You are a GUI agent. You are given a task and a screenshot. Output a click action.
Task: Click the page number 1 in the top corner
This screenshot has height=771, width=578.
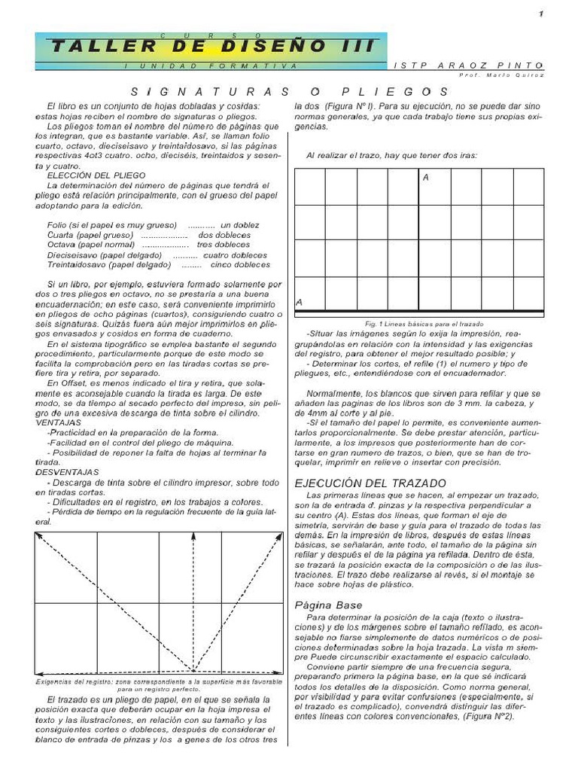pyautogui.click(x=540, y=15)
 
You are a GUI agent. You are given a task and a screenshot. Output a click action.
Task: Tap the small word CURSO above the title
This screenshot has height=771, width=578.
pyautogui.click(x=211, y=35)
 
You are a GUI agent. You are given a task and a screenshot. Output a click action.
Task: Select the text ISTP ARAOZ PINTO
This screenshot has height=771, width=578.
pyautogui.click(x=467, y=66)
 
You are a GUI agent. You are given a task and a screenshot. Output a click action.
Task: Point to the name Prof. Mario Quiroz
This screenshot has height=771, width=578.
pyautogui.click(x=500, y=75)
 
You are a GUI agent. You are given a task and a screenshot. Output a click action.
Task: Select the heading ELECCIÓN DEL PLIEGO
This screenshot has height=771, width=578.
pyautogui.click(x=91, y=175)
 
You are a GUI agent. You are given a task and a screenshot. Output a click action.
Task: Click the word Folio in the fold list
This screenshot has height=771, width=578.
pyautogui.click(x=57, y=225)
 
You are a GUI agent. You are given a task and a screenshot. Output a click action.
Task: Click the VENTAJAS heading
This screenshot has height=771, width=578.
pyautogui.click(x=59, y=422)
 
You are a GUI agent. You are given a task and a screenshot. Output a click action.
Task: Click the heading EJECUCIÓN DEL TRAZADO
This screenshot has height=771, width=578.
pyautogui.click(x=370, y=483)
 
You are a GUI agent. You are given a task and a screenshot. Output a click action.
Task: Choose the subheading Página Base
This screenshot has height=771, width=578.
pyautogui.click(x=328, y=605)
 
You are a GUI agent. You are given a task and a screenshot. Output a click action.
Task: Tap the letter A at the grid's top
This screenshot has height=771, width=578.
pyautogui.click(x=426, y=178)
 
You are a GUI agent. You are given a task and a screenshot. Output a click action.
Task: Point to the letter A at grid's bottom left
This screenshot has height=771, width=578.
pyautogui.click(x=300, y=302)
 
